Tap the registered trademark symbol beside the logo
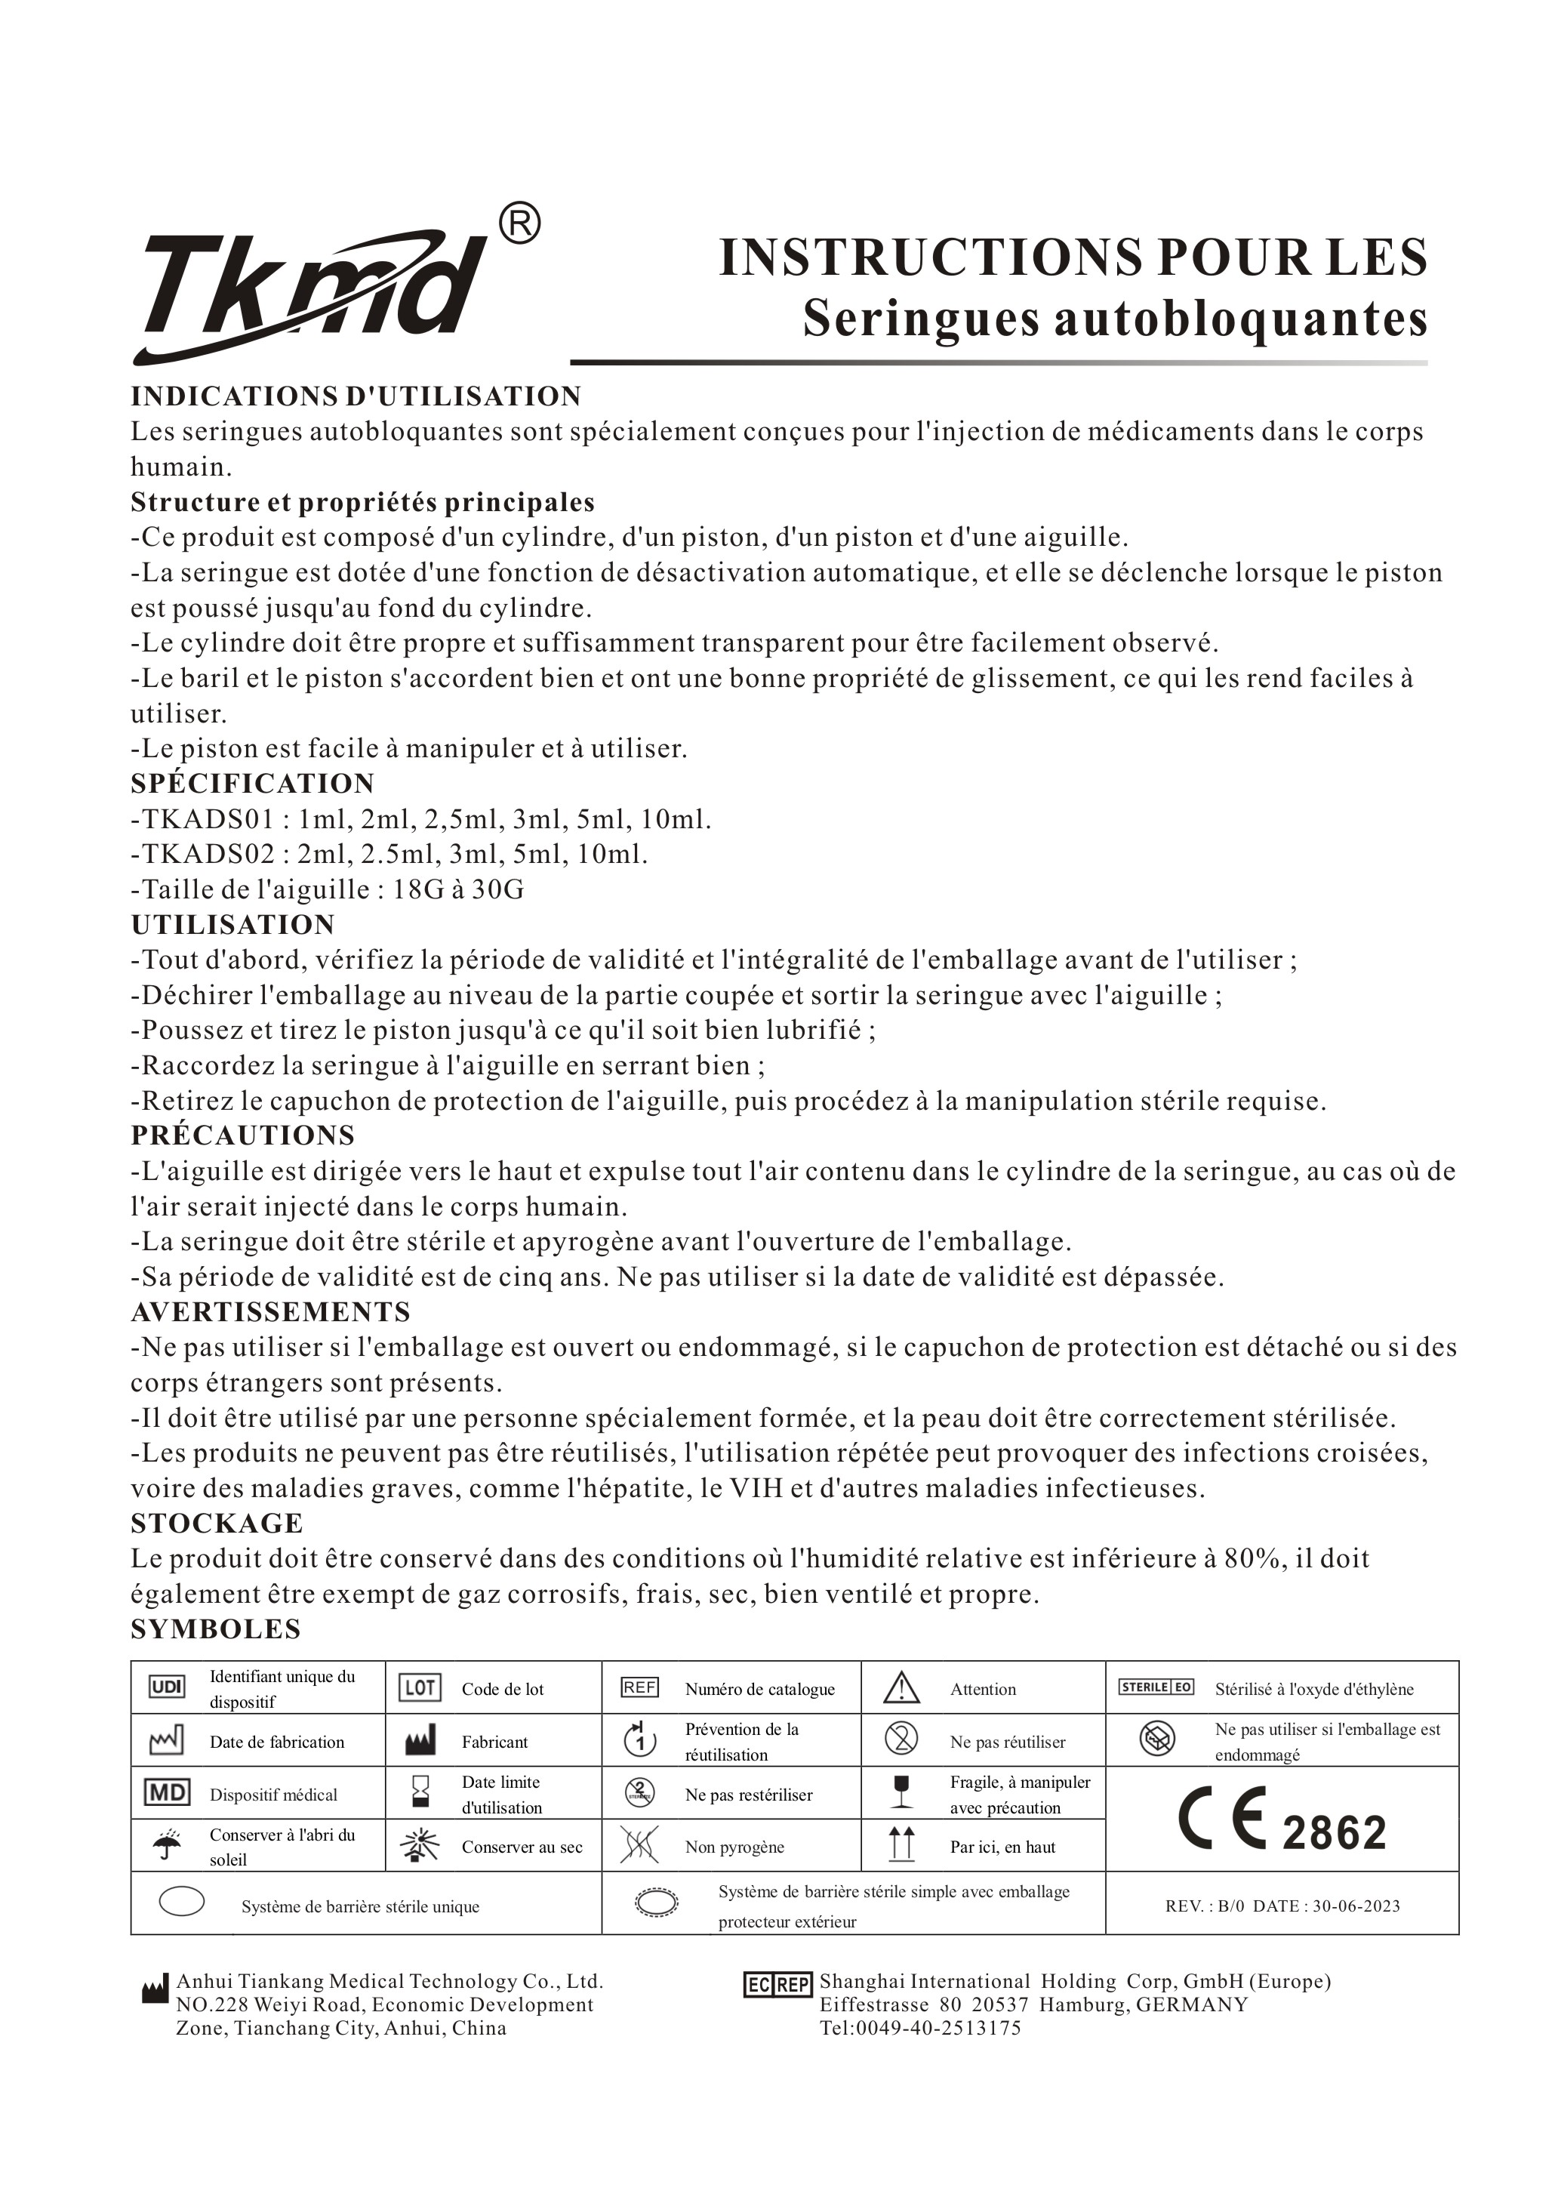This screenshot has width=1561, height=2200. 520,224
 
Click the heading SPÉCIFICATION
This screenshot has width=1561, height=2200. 253,784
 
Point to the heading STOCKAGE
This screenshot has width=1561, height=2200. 217,1524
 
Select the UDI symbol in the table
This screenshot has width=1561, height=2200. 168,1687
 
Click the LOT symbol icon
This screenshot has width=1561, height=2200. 419,1687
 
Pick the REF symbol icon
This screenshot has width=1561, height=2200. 639,1687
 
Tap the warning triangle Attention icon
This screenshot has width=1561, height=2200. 901,1687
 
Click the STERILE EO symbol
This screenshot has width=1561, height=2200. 1156,1687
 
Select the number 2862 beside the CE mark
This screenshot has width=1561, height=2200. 1334,1833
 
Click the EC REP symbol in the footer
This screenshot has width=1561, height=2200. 778,1985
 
